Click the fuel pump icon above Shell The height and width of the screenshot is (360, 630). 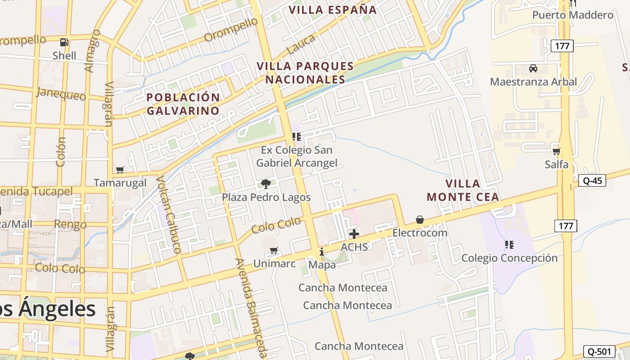(x=64, y=42)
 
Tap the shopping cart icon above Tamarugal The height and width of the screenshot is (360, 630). (x=120, y=170)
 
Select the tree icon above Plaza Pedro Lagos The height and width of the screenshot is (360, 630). (x=266, y=184)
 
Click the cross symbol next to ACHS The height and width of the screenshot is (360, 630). (x=354, y=234)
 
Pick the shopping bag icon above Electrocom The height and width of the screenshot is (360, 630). (x=420, y=220)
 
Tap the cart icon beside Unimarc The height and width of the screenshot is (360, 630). (x=274, y=250)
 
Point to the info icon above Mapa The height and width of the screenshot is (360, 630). (x=322, y=252)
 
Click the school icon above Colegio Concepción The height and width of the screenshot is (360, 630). (x=509, y=245)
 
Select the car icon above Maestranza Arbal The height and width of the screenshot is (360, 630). (x=533, y=68)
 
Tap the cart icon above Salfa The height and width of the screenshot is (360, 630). (x=557, y=151)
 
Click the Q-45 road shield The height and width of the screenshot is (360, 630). (x=592, y=180)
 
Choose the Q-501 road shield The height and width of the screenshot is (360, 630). (x=598, y=351)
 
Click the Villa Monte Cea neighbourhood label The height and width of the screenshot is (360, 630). (x=463, y=190)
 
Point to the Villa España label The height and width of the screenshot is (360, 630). (x=333, y=9)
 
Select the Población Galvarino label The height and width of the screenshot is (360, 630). (x=183, y=104)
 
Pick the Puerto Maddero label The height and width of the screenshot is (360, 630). (x=572, y=15)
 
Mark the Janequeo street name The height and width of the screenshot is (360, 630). (x=61, y=94)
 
